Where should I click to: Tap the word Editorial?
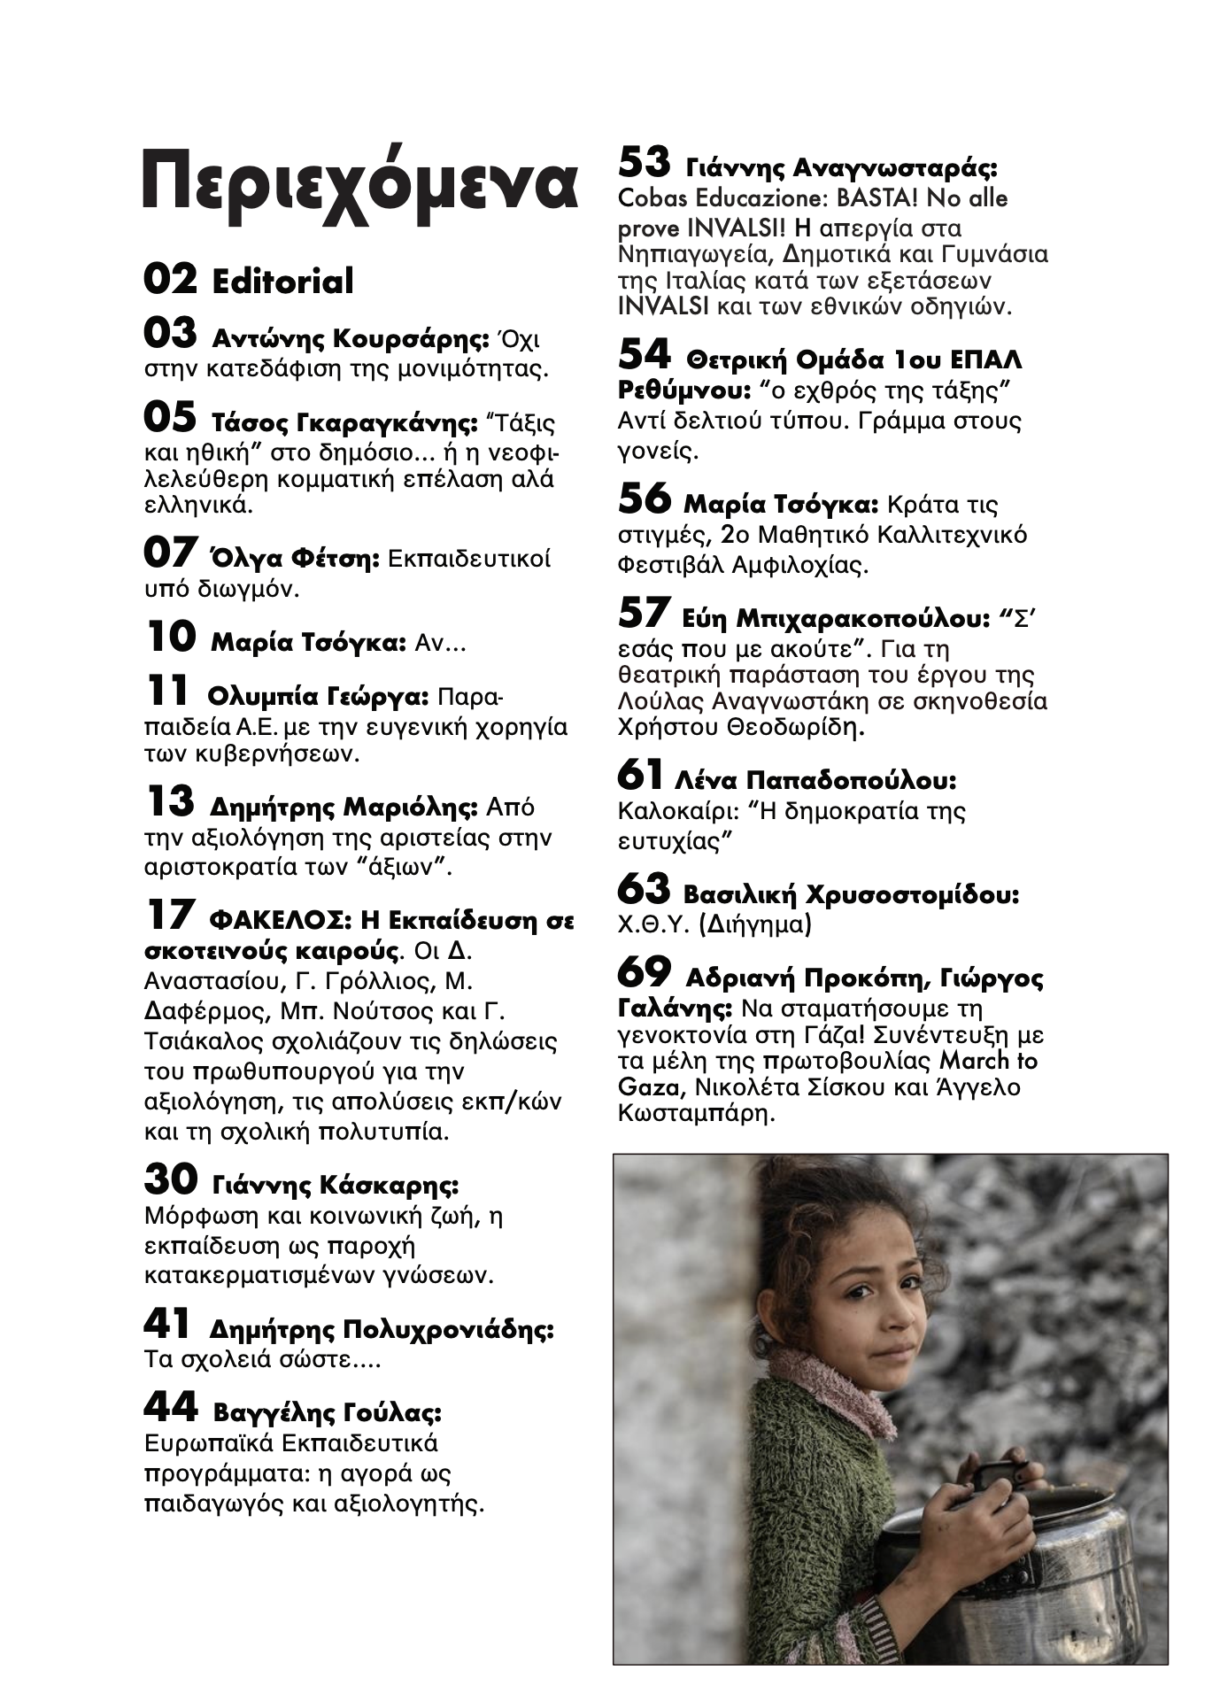coord(282,282)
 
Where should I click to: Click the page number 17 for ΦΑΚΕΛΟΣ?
coord(168,916)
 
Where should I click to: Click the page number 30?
coord(170,1179)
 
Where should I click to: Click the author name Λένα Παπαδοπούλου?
coord(815,781)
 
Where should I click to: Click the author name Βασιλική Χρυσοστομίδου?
coord(851,894)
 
